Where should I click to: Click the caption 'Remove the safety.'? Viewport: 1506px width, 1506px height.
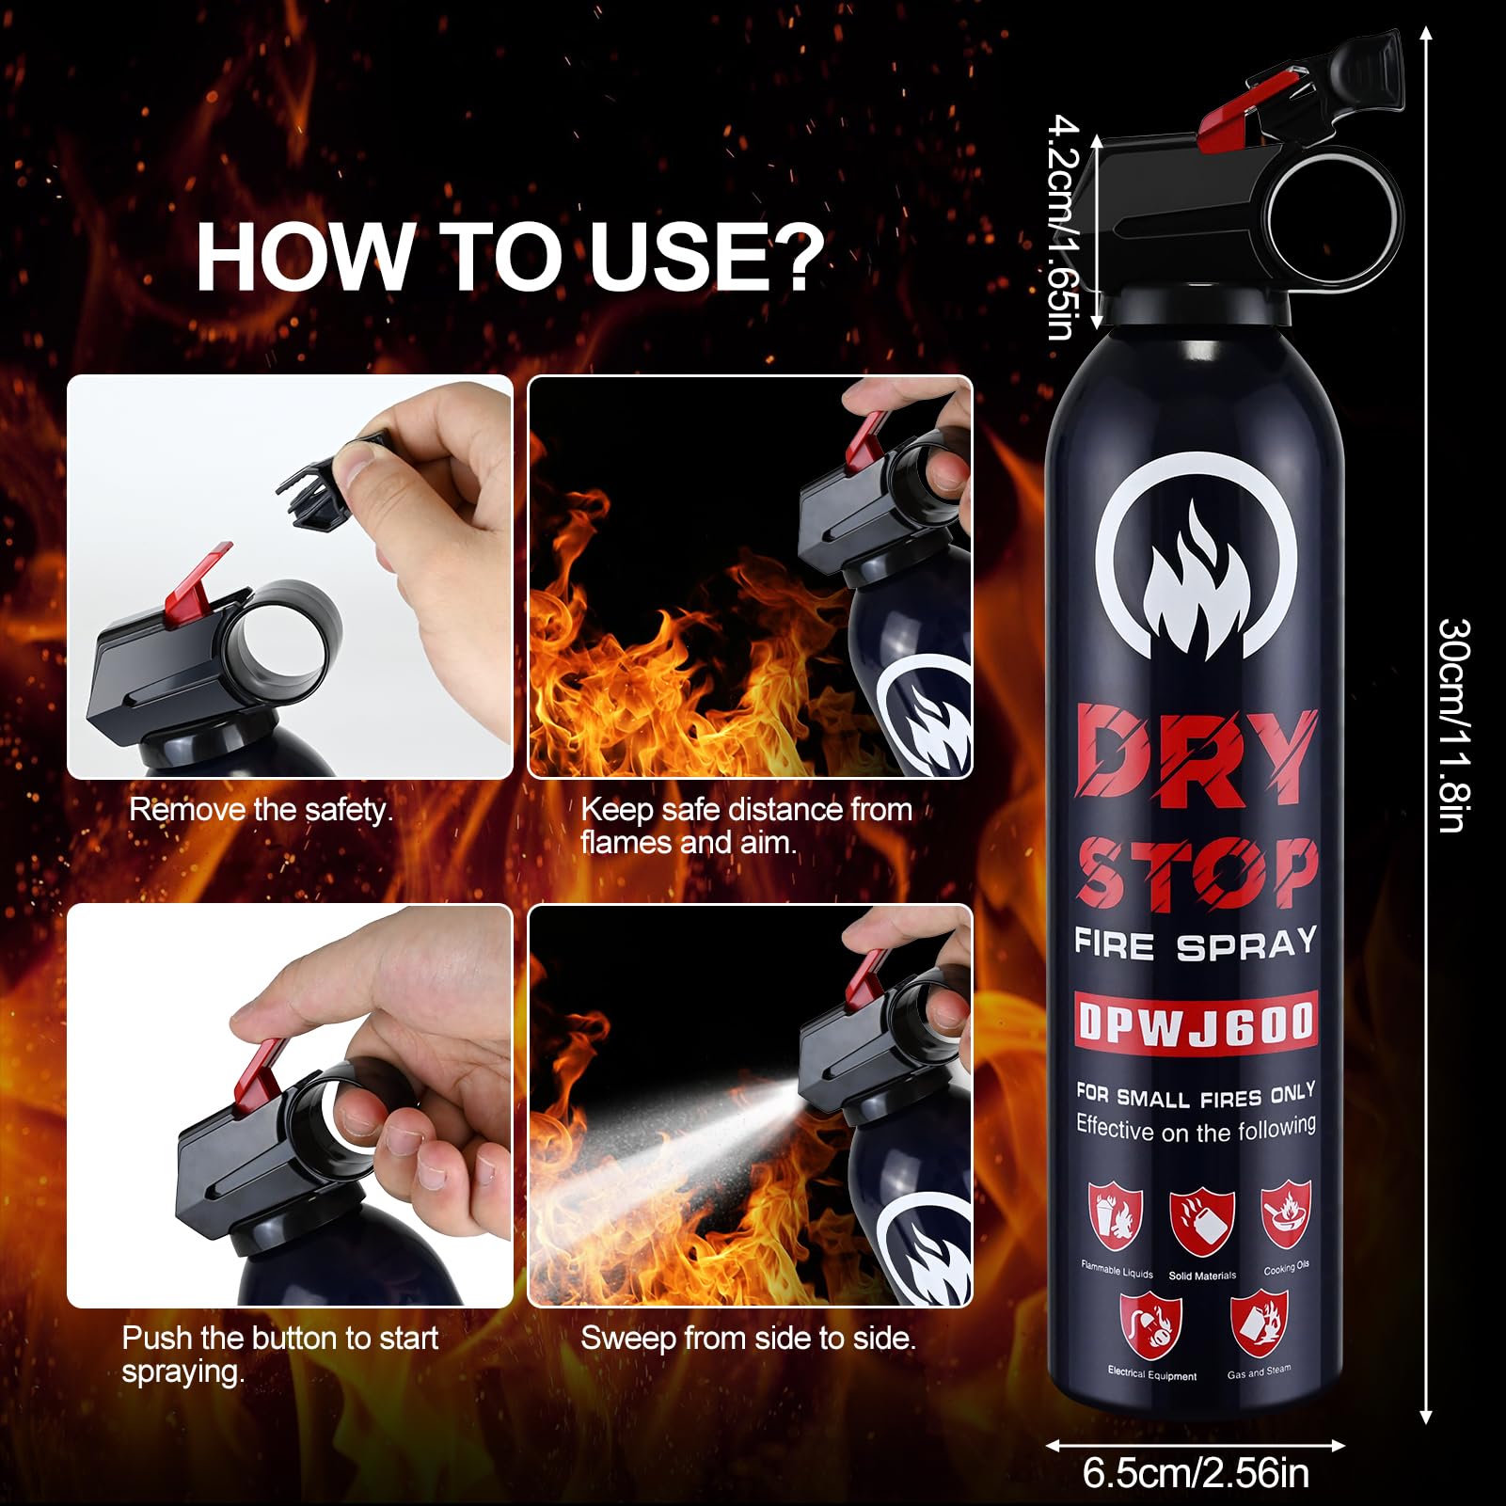[x=261, y=810]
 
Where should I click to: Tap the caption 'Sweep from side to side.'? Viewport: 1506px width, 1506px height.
[x=748, y=1338]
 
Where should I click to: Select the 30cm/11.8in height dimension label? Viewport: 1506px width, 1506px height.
[x=1453, y=724]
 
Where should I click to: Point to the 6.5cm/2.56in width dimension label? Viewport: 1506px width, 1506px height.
[x=1196, y=1473]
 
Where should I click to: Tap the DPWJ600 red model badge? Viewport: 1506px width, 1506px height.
[x=1196, y=1022]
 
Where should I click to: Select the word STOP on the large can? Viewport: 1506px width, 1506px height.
[x=1196, y=873]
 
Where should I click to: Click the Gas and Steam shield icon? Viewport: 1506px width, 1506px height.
[x=1260, y=1323]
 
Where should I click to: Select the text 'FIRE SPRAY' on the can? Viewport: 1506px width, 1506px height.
[x=1196, y=944]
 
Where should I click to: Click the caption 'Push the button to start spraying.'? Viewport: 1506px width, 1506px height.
[x=279, y=1354]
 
